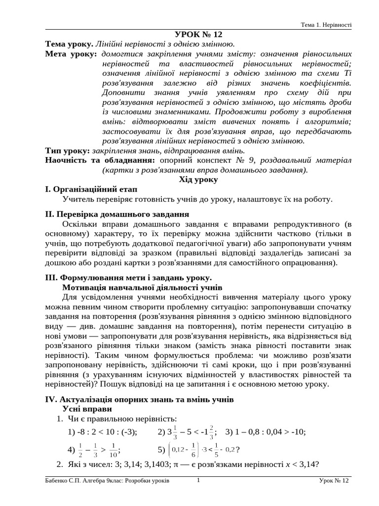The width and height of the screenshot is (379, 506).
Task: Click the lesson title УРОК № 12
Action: click(199, 34)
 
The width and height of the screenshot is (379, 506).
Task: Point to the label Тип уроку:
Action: click(67, 150)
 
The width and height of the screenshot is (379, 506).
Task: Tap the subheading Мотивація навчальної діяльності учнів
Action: click(143, 287)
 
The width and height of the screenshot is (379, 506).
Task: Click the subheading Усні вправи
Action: click(87, 409)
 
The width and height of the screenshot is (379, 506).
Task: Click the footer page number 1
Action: click(198, 480)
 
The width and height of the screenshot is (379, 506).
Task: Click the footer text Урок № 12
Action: click(334, 480)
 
